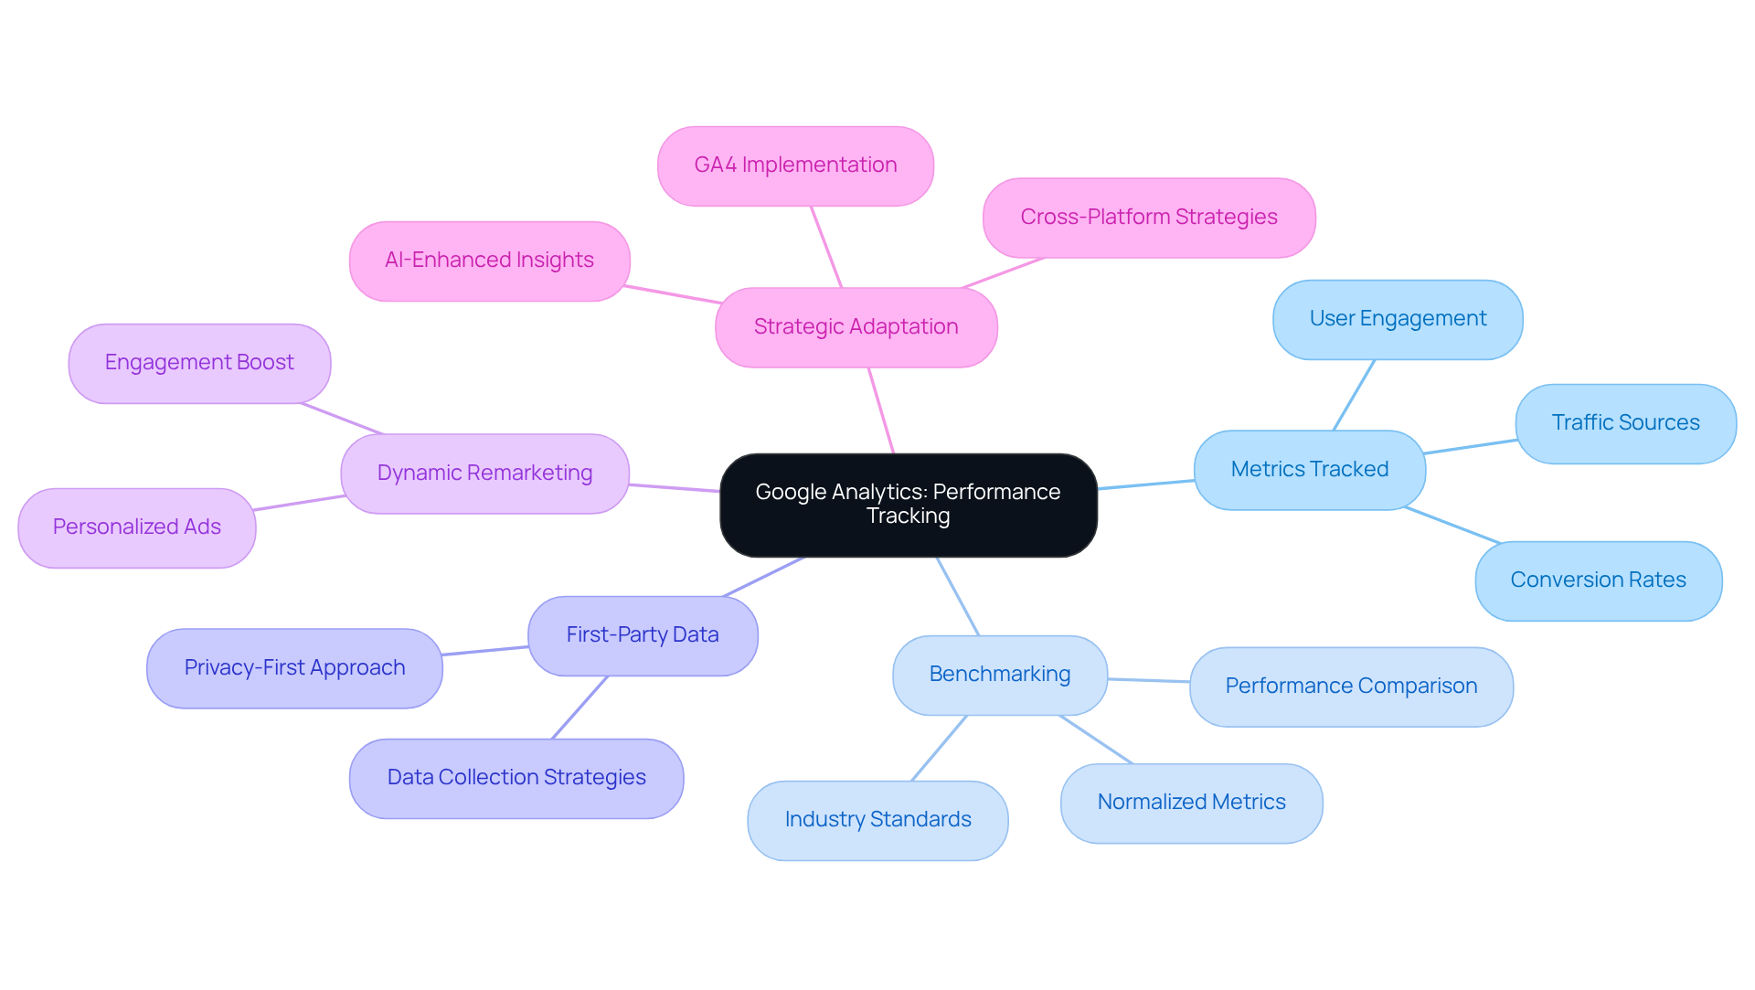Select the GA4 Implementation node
[795, 165]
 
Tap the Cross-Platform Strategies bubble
[1148, 218]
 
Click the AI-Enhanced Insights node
[489, 261]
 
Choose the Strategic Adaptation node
[856, 327]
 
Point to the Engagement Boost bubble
[199, 363]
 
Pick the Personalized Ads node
[137, 527]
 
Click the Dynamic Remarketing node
[484, 474]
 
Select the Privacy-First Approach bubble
[294, 668]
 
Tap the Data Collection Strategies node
[516, 778]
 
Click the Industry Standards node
[877, 820]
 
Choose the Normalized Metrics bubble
[1191, 803]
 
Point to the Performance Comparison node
[1351, 687]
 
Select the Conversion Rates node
[1598, 580]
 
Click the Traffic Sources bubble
[1625, 423]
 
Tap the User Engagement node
[1398, 319]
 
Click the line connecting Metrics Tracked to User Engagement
[1354, 395]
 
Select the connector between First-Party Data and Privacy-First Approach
[485, 651]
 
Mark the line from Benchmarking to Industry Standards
[939, 749]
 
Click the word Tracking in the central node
[908, 516]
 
